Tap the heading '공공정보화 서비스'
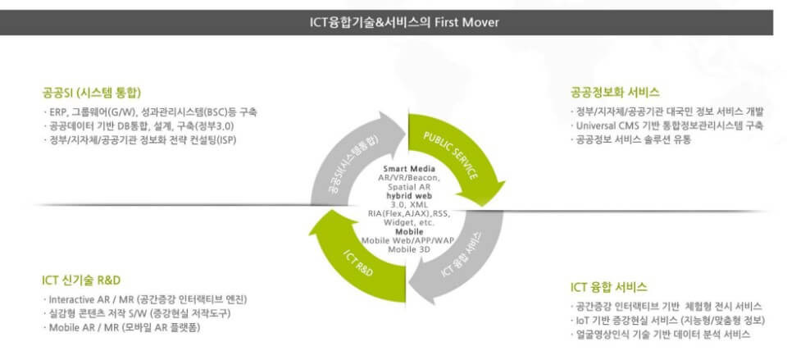(x=615, y=92)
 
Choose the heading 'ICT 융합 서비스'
(x=609, y=287)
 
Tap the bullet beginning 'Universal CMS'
(x=668, y=126)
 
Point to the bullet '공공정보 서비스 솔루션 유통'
(x=632, y=140)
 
